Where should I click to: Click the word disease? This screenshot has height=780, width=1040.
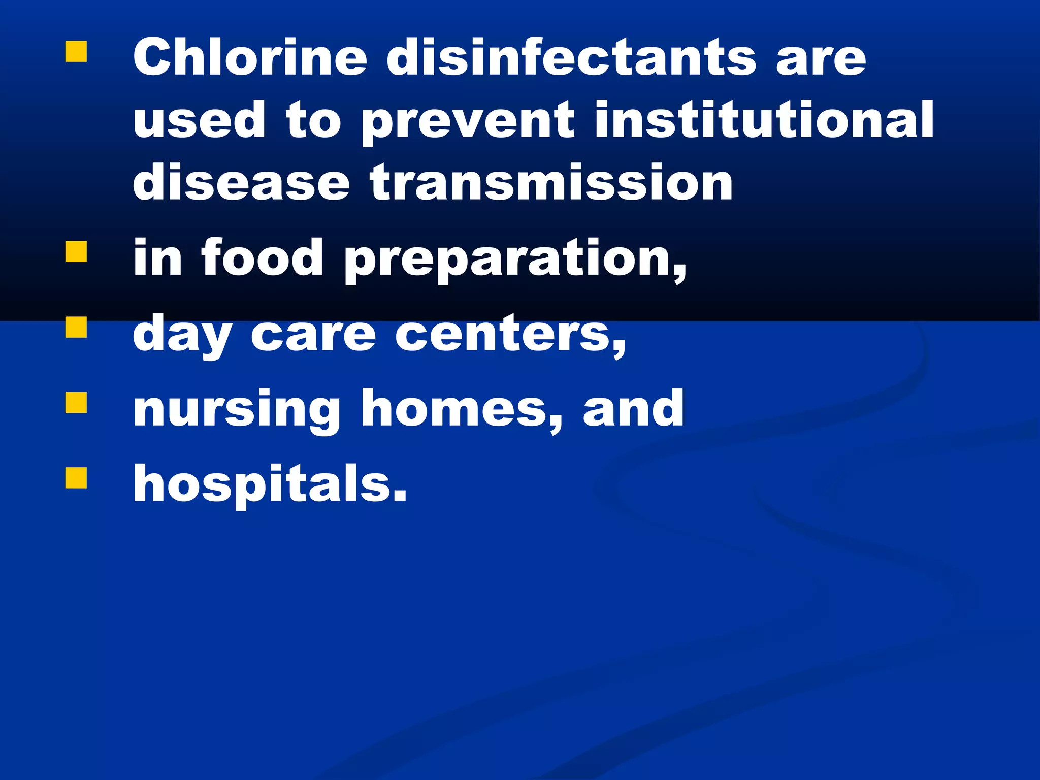pyautogui.click(x=241, y=182)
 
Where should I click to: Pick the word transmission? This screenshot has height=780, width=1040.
pyautogui.click(x=551, y=182)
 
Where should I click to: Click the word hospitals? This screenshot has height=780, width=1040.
pyautogui.click(x=270, y=484)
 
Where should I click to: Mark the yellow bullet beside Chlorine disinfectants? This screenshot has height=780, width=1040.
pyautogui.click(x=76, y=52)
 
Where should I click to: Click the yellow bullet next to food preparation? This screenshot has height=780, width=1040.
pyautogui.click(x=76, y=251)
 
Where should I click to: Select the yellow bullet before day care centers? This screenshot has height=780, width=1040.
pyautogui.click(x=76, y=327)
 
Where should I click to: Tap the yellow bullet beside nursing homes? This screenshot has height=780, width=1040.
pyautogui.click(x=76, y=402)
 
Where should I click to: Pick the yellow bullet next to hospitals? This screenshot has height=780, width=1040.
pyautogui.click(x=76, y=477)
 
